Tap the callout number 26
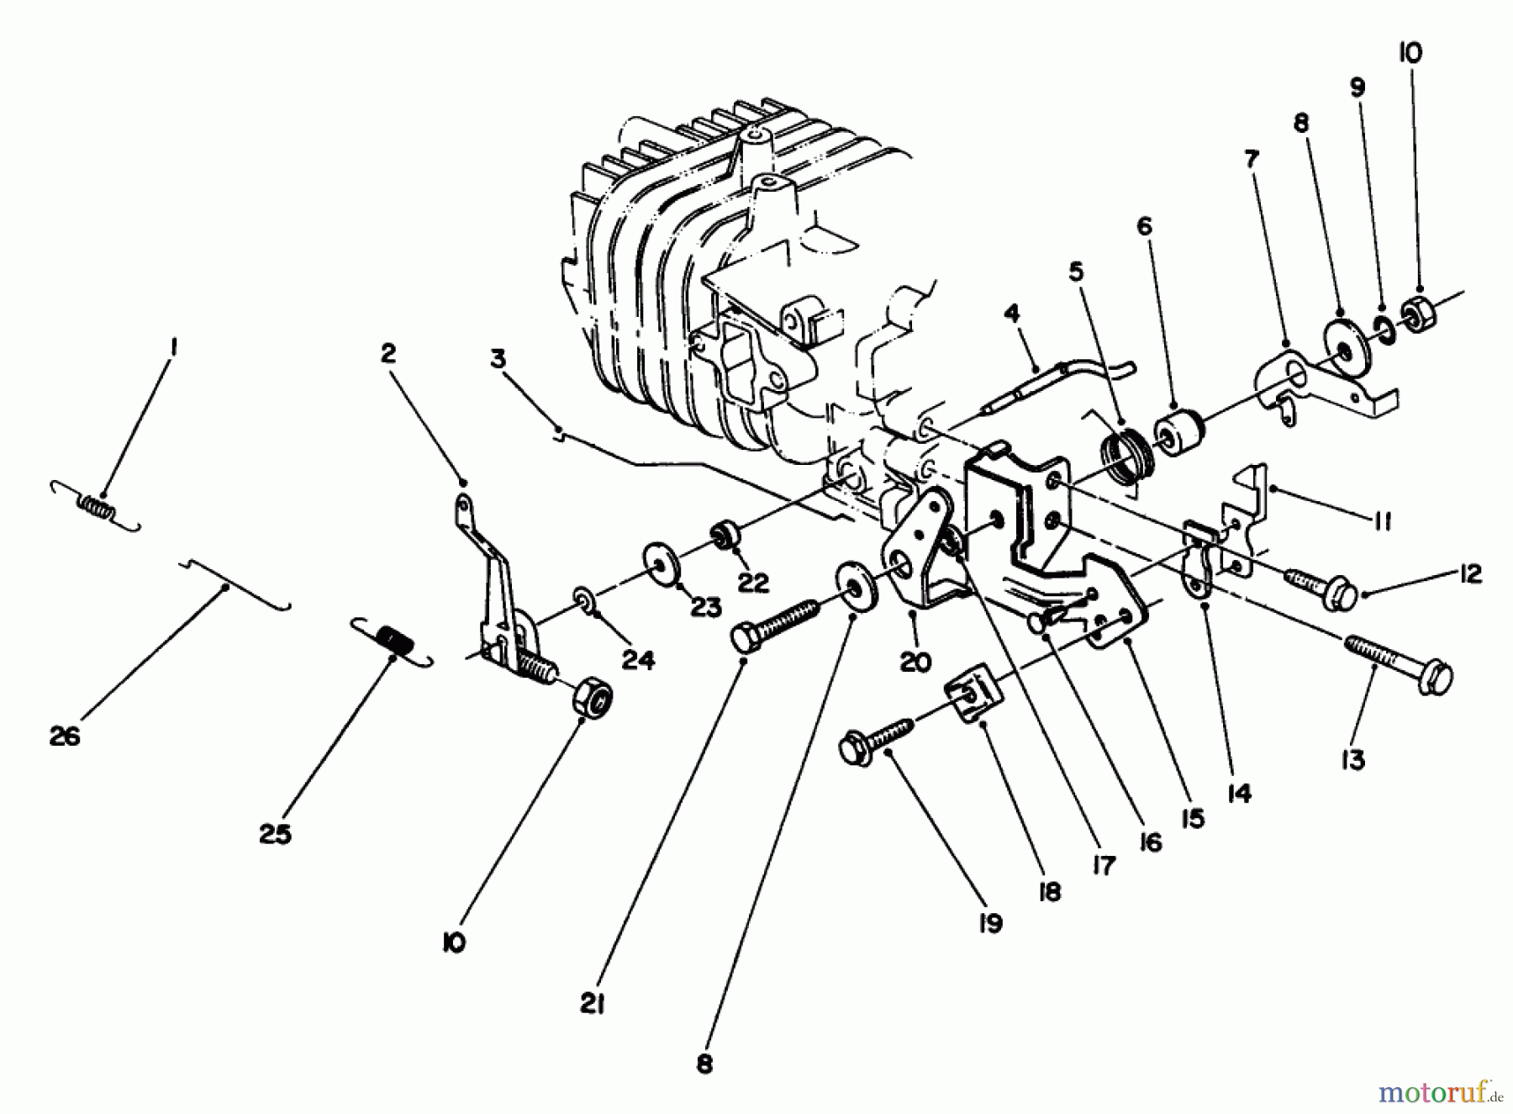click(65, 737)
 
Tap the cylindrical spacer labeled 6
click(1181, 430)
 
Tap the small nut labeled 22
click(725, 536)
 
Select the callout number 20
click(915, 662)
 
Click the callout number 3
click(498, 360)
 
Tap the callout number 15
click(1192, 817)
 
